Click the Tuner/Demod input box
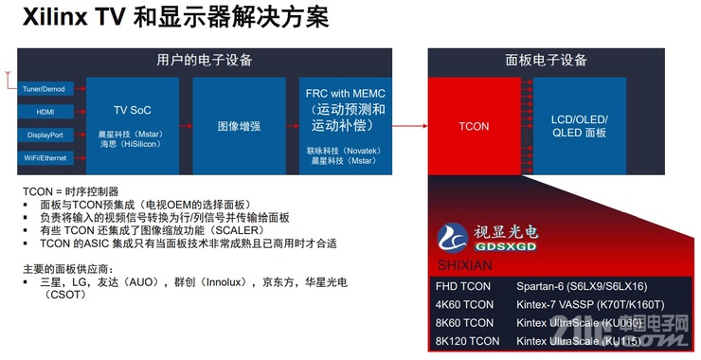point(42,89)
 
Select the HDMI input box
point(42,112)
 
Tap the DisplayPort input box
point(42,135)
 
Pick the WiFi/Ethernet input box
point(42,157)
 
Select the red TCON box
point(474,125)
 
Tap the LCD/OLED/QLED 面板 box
point(579,125)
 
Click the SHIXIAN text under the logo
point(463,264)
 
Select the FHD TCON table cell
point(464,285)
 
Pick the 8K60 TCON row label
point(465,322)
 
